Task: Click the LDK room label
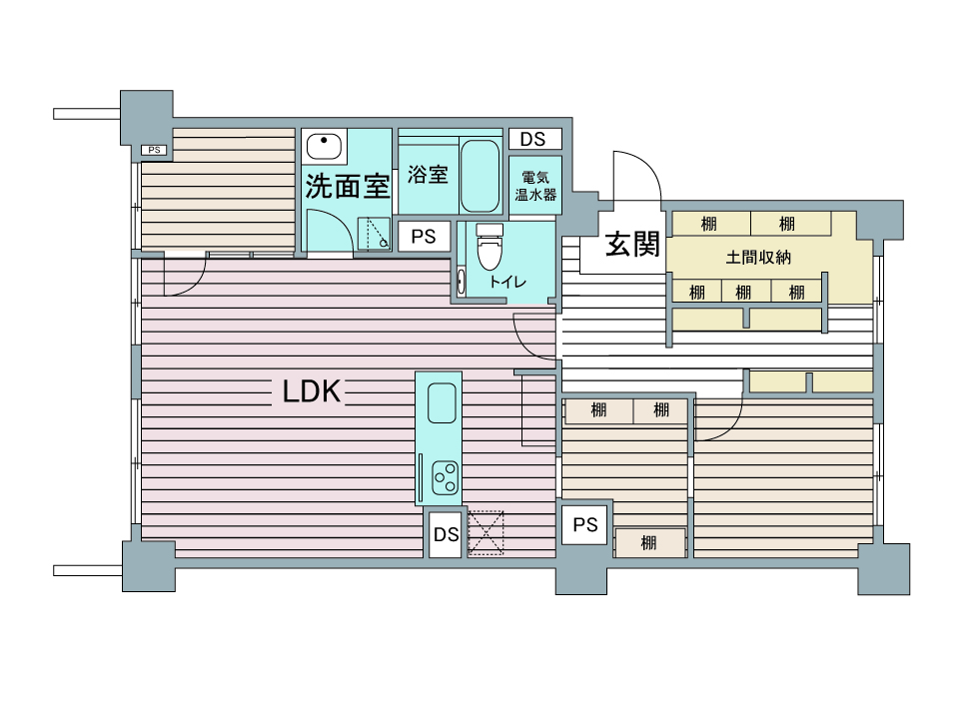tap(312, 391)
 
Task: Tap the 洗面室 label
tap(348, 186)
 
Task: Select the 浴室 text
tap(429, 174)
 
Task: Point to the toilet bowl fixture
tap(490, 246)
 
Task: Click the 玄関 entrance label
tap(632, 244)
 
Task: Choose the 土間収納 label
tap(758, 257)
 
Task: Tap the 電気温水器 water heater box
tap(535, 186)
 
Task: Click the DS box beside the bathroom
tap(535, 139)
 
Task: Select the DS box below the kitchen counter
tap(446, 534)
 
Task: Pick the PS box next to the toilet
tap(424, 237)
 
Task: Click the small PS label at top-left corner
tap(154, 150)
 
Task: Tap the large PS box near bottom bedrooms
tap(585, 525)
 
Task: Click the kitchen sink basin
tap(442, 403)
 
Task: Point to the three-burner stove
tap(446, 478)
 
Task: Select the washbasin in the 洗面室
tap(324, 146)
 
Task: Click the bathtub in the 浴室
tap(480, 176)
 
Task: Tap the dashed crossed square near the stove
tap(486, 532)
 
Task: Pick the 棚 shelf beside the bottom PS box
tap(649, 543)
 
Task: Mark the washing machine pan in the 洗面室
tap(374, 235)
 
